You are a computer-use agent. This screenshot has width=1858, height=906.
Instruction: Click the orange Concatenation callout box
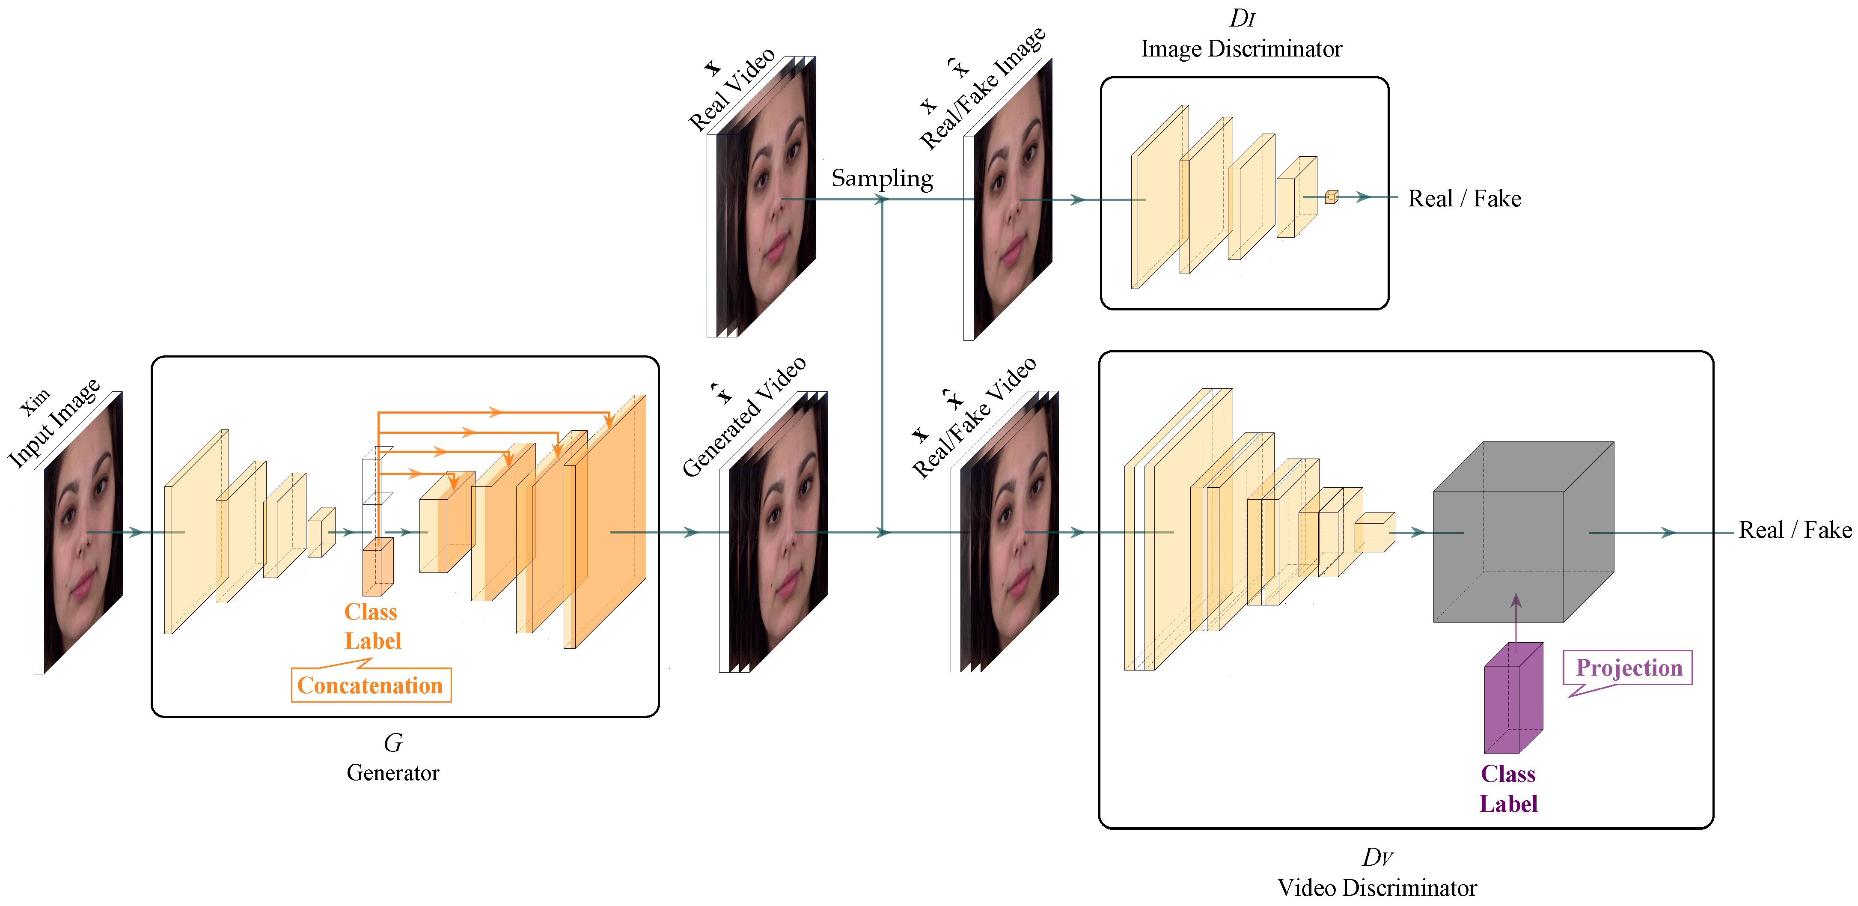coord(371,685)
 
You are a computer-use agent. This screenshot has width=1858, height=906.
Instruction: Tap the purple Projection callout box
coord(1628,668)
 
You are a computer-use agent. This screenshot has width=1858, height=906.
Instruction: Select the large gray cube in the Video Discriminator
coord(1515,534)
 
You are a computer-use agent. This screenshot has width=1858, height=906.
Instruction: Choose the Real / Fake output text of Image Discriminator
coord(1464,198)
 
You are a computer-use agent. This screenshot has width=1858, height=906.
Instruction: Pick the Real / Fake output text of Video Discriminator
coord(1795,530)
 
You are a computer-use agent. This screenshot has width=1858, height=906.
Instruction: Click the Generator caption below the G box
coord(392,772)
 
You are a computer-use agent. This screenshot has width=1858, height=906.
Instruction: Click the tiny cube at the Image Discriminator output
coord(1332,196)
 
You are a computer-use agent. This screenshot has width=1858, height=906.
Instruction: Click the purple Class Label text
coord(1508,788)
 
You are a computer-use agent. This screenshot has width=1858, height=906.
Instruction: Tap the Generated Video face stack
coord(776,534)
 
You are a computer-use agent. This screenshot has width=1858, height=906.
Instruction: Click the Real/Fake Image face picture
coord(1010,202)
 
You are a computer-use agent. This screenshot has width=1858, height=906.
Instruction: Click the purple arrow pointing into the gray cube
coord(1516,620)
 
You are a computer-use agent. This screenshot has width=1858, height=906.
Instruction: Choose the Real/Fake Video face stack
coord(1007,534)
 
